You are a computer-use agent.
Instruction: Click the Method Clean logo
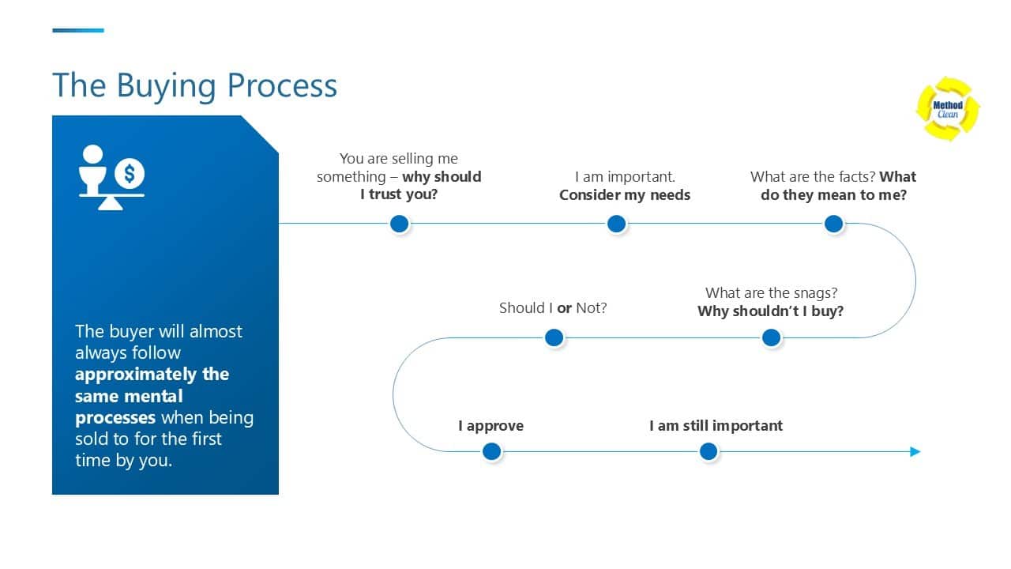tap(947, 109)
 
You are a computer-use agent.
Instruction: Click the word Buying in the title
tap(169, 85)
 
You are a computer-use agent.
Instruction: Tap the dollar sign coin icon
tap(130, 172)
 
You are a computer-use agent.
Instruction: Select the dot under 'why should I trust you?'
tap(400, 224)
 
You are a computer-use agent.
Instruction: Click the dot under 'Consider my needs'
tap(617, 224)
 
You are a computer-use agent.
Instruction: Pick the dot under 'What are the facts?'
tap(833, 224)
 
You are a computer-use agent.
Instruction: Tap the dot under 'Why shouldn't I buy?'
tap(772, 338)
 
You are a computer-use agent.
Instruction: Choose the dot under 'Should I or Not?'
tap(554, 338)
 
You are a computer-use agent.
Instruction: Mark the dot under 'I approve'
tap(491, 452)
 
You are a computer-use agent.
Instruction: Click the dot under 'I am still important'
tap(708, 452)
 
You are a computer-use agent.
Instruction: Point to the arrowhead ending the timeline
tap(915, 452)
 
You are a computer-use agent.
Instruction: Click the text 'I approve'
tap(490, 426)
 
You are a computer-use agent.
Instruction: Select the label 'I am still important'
tap(716, 426)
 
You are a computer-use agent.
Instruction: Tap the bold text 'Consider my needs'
tap(625, 195)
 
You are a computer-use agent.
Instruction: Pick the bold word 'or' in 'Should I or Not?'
tap(564, 308)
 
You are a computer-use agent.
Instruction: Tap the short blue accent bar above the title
tap(78, 31)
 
